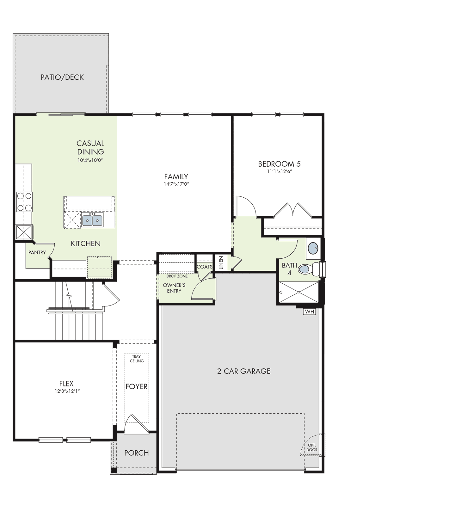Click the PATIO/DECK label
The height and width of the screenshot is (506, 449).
pyautogui.click(x=62, y=77)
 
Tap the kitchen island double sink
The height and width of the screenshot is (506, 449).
pyautogui.click(x=92, y=220)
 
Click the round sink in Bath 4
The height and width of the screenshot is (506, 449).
pyautogui.click(x=312, y=248)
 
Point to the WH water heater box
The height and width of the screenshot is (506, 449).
pyautogui.click(x=310, y=312)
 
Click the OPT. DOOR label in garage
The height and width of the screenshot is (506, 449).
pyautogui.click(x=312, y=447)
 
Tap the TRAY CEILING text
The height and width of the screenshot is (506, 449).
pyautogui.click(x=137, y=359)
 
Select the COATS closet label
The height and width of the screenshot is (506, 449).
pyautogui.click(x=205, y=267)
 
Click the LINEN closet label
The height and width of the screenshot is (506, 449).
pyautogui.click(x=221, y=263)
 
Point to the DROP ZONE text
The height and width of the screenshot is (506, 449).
pyautogui.click(x=177, y=276)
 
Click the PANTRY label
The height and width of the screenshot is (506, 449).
pyautogui.click(x=37, y=252)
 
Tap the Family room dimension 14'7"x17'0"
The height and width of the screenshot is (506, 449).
pyautogui.click(x=176, y=184)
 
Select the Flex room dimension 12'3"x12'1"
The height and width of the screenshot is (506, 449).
pyautogui.click(x=66, y=391)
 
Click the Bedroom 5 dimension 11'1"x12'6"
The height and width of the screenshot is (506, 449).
pyautogui.click(x=279, y=171)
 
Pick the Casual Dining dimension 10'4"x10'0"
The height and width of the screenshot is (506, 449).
pyautogui.click(x=90, y=160)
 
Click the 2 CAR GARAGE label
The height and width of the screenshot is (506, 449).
pyautogui.click(x=244, y=371)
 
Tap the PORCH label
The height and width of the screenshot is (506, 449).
pyautogui.click(x=137, y=453)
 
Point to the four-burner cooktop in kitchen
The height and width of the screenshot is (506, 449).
pyautogui.click(x=24, y=202)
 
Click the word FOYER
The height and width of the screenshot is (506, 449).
pyautogui.click(x=137, y=386)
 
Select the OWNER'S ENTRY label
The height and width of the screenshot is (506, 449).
pyautogui.click(x=174, y=288)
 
